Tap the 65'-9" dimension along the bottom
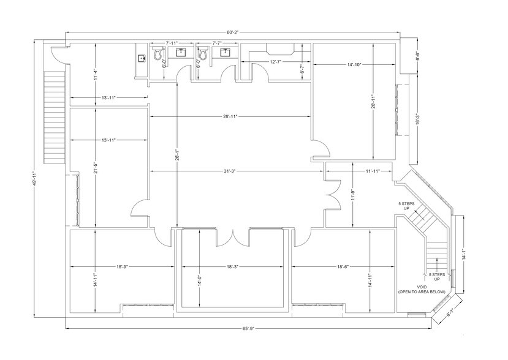[x=248, y=329]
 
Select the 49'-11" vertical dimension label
[x=35, y=181]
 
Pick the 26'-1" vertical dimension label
[x=176, y=157]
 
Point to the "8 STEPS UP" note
[x=437, y=276]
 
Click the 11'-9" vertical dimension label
[x=354, y=196]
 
